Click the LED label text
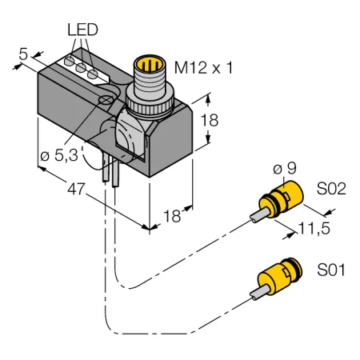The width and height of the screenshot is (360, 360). click(x=82, y=30)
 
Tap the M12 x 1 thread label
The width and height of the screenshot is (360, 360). click(x=204, y=68)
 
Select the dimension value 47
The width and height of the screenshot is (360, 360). click(x=76, y=189)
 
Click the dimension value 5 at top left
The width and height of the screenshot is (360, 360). click(x=23, y=54)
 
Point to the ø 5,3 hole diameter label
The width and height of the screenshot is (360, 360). click(x=59, y=155)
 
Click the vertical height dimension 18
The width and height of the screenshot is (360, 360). click(x=210, y=120)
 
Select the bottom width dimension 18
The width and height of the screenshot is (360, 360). click(x=172, y=216)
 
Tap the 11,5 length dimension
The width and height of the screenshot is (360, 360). click(x=314, y=228)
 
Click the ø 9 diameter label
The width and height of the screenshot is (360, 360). click(x=285, y=168)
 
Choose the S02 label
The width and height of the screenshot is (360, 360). click(x=331, y=189)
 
